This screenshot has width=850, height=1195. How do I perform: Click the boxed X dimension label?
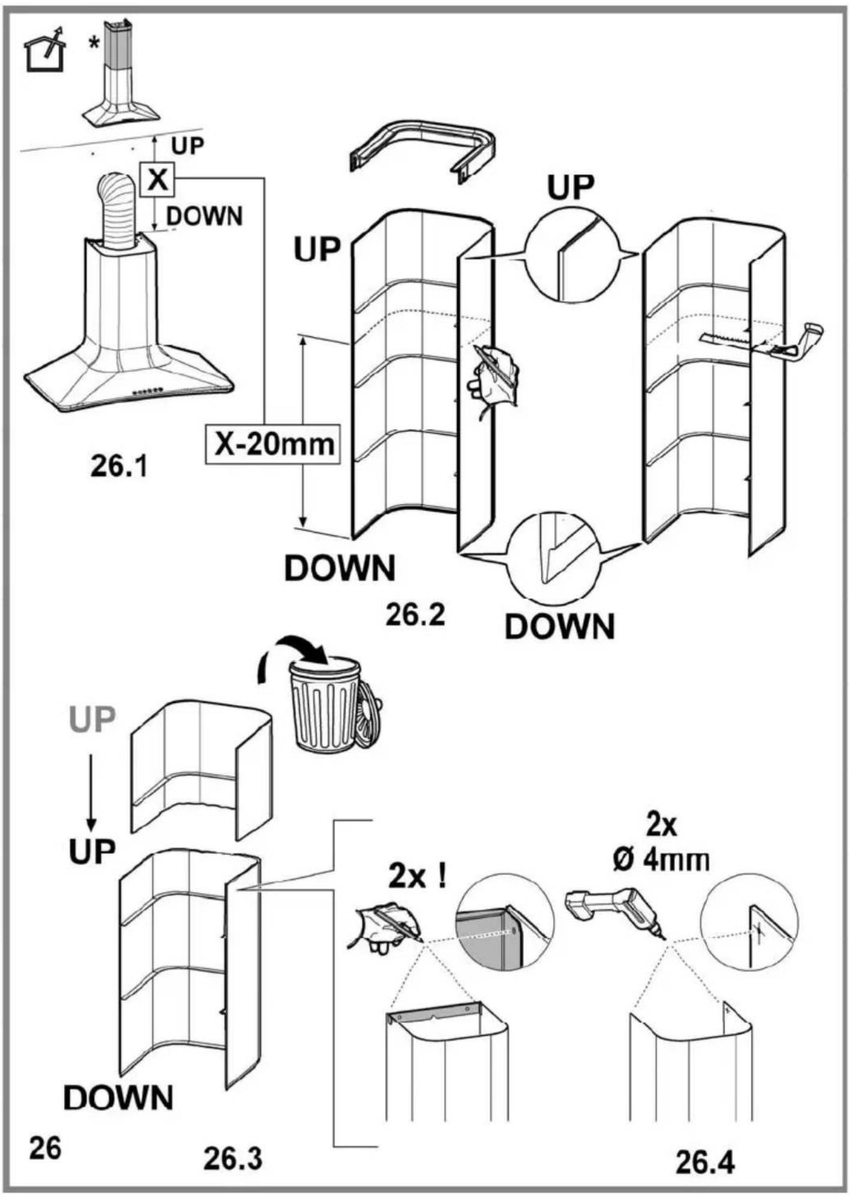157,179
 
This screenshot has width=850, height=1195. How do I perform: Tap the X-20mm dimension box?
273,445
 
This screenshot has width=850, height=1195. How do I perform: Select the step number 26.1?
120,466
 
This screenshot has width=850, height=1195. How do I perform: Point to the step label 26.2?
416,615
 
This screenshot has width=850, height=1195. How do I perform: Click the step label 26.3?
232,1159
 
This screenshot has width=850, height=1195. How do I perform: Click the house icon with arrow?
44,50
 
